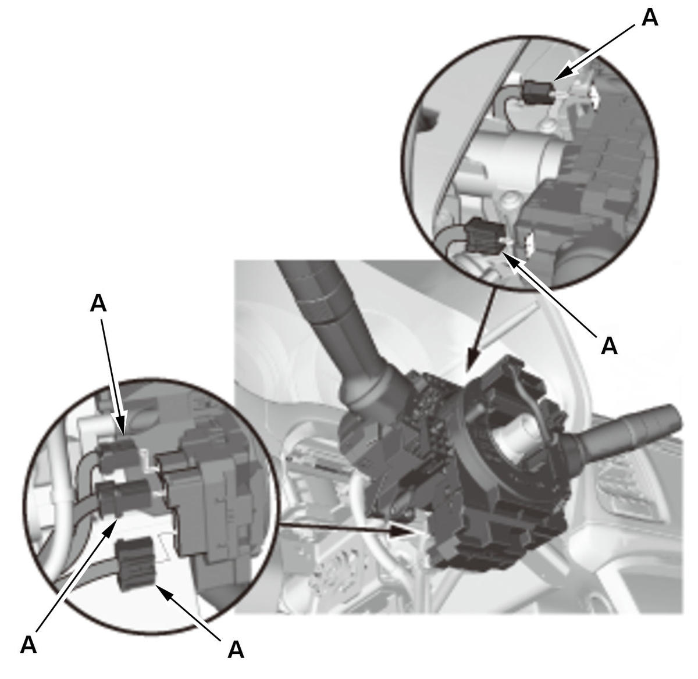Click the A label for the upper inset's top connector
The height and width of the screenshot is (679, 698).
click(x=650, y=18)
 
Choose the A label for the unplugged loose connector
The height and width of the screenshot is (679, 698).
click(x=236, y=649)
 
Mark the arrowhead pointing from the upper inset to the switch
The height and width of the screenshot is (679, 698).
click(x=473, y=361)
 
